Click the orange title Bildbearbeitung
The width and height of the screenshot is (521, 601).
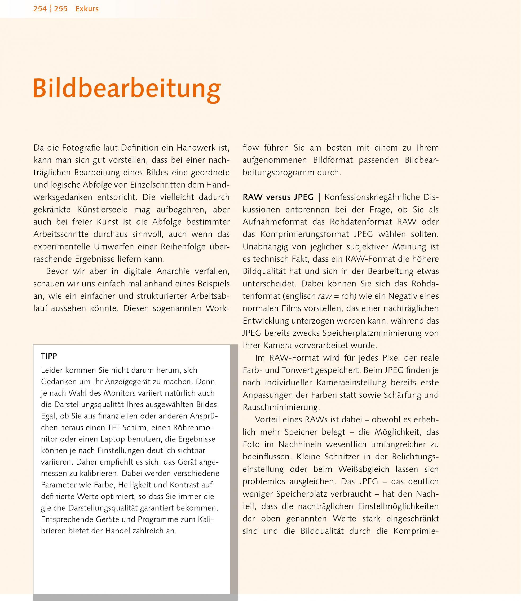(x=127, y=89)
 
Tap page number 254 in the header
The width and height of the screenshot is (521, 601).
(x=40, y=9)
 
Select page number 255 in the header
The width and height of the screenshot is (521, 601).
(x=61, y=9)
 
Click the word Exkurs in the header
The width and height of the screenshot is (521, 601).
(x=87, y=9)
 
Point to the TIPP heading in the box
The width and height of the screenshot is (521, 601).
(x=49, y=356)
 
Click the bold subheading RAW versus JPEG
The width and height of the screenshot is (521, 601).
(x=278, y=197)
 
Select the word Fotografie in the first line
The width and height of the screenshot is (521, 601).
(x=80, y=148)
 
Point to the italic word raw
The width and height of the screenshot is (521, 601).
(x=325, y=296)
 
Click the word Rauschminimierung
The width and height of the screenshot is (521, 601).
(x=281, y=407)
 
